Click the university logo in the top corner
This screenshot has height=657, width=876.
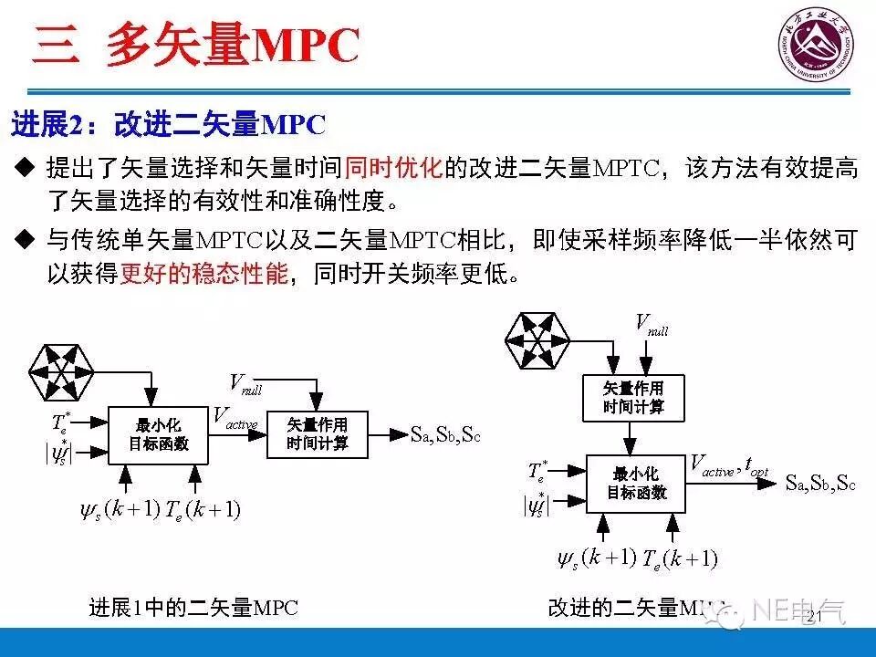tap(814, 46)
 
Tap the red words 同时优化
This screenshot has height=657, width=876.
tap(393, 167)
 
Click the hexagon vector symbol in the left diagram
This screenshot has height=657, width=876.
tap(62, 370)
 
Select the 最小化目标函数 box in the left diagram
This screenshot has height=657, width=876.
tap(158, 433)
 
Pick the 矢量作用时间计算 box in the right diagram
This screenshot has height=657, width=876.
tap(632, 398)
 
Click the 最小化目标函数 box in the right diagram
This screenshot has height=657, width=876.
tap(636, 483)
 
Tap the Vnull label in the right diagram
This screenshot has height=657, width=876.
tap(651, 324)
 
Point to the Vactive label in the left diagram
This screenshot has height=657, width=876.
tap(235, 418)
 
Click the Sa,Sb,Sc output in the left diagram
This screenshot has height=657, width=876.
tap(444, 434)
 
